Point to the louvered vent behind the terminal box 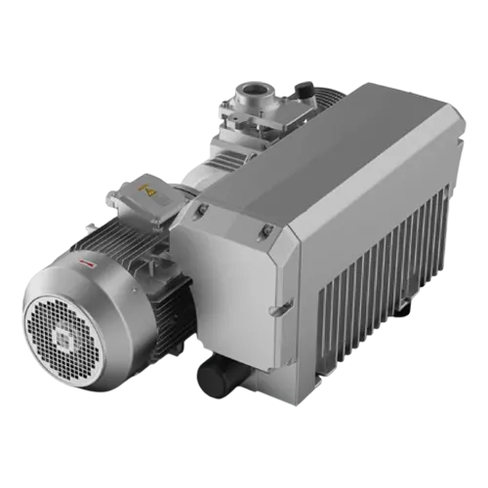coord(226,161)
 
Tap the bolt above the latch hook coord(265,230)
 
